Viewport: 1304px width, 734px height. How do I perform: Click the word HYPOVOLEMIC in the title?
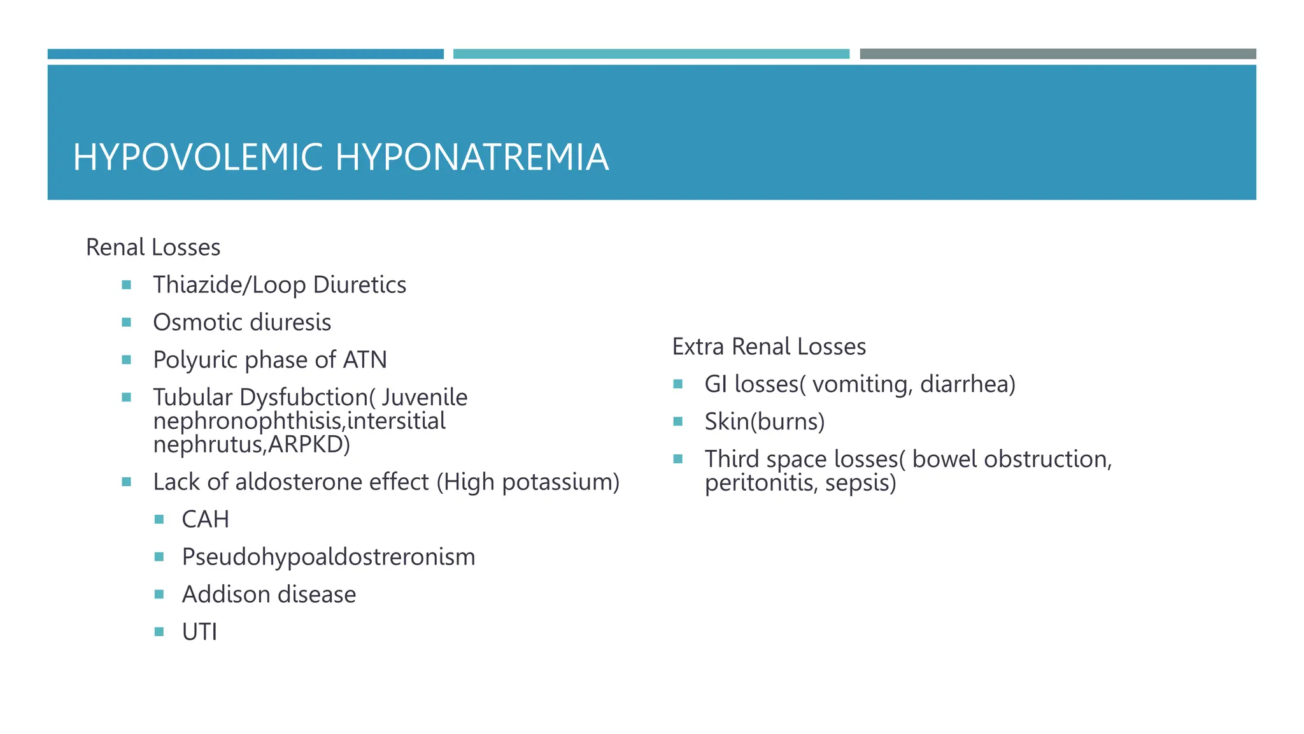click(198, 157)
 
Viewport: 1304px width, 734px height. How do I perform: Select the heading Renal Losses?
click(153, 247)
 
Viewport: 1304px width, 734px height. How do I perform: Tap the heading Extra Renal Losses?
click(769, 347)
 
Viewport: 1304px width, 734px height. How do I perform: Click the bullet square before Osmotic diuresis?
click(126, 322)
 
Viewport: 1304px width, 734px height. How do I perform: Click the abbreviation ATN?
click(364, 360)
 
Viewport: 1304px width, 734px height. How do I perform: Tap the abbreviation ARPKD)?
click(309, 444)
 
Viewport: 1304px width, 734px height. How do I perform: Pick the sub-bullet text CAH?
click(205, 519)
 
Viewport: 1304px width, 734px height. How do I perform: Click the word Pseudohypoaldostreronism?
click(328, 557)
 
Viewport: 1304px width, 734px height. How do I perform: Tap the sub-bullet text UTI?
click(199, 632)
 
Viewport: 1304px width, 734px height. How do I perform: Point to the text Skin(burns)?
click(764, 422)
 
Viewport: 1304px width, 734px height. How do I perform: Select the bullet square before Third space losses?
click(677, 459)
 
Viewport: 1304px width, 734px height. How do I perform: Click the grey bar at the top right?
click(1058, 54)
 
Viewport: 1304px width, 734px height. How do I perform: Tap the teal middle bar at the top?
click(651, 54)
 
